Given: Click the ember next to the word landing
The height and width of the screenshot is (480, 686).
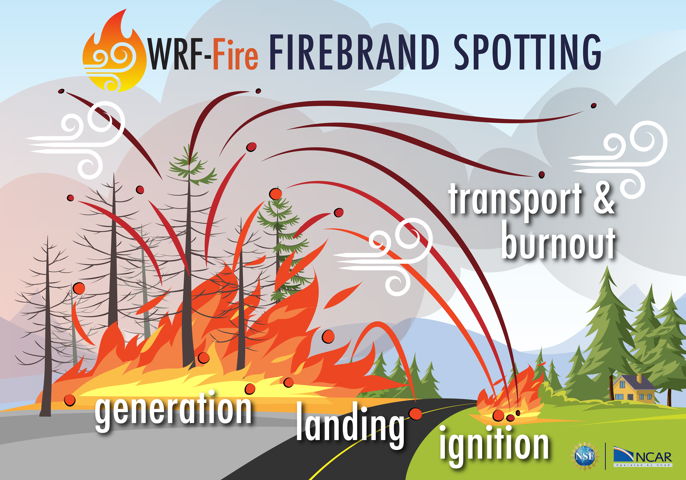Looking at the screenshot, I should point(415,414).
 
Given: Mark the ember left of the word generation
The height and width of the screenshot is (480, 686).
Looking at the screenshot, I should point(70,400).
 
